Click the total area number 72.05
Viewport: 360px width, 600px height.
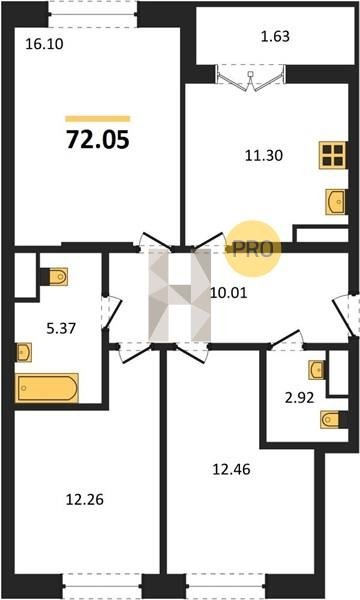pos(98,140)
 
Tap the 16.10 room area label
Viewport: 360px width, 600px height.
pos(44,44)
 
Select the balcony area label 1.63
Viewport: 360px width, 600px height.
pos(275,37)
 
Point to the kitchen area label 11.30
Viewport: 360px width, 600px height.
pos(264,156)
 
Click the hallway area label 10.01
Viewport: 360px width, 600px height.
pos(229,293)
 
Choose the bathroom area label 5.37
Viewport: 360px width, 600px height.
pos(61,328)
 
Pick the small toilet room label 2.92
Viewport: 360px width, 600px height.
pos(300,398)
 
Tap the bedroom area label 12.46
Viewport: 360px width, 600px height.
pos(231,469)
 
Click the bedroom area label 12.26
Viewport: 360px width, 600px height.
pos(85,500)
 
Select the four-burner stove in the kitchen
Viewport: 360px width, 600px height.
pos(333,155)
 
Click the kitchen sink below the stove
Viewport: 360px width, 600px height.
pos(336,202)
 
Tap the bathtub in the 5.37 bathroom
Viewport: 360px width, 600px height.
pos(47,388)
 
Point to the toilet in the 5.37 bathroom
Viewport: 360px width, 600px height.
pos(54,276)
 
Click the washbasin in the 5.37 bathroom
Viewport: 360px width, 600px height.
pos(24,352)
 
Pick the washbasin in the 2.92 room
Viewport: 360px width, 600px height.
pos(317,370)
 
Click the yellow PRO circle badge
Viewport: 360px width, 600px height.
pos(252,249)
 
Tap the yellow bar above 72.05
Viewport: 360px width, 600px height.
pos(98,119)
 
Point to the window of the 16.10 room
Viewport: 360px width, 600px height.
pos(93,15)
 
